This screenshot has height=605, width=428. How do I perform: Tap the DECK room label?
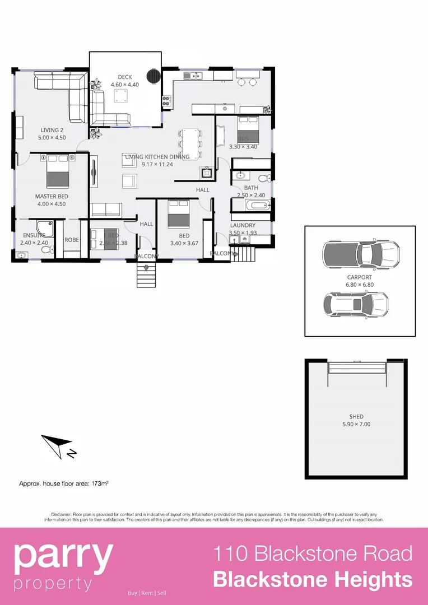tap(124, 77)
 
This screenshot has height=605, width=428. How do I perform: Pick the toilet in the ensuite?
tap(47, 249)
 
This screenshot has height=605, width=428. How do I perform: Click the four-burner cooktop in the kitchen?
tap(166, 101)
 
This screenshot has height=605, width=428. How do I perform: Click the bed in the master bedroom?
tap(57, 171)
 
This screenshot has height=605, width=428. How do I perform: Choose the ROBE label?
tap(72, 239)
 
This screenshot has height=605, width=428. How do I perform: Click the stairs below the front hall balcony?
tap(146, 274)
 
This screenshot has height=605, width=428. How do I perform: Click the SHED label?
tap(356, 417)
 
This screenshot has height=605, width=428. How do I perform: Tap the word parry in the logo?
tap(63, 555)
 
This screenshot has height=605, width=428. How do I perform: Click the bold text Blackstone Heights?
tap(313, 579)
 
